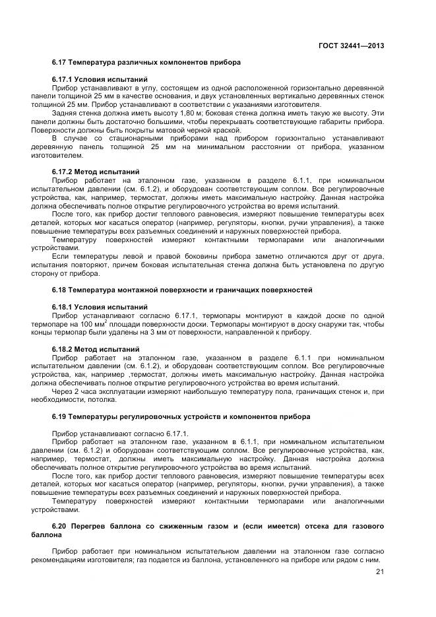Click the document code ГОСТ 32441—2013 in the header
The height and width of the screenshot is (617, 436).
click(351, 46)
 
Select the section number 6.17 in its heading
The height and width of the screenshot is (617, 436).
click(60, 62)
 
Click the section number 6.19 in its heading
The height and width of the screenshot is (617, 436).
click(60, 417)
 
